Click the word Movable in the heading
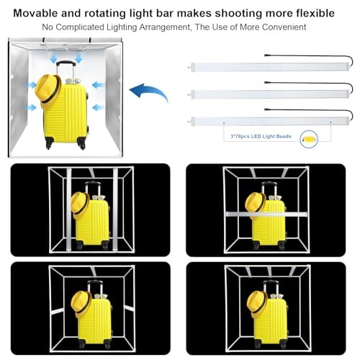click(35, 13)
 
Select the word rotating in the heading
click(104, 14)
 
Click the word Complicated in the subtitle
click(80, 27)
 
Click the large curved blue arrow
click(148, 92)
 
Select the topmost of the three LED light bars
click(269, 67)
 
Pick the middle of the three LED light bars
click(269, 94)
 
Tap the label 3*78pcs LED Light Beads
click(261, 136)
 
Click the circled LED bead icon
click(309, 139)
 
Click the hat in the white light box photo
click(48, 91)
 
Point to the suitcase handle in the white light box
click(66, 70)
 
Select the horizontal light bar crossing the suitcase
click(267, 213)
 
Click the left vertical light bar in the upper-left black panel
click(69, 209)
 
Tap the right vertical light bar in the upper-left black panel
click(115, 209)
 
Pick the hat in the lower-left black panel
click(81, 304)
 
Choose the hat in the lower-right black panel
click(257, 304)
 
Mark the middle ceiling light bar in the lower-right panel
click(269, 271)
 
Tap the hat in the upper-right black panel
click(256, 205)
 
